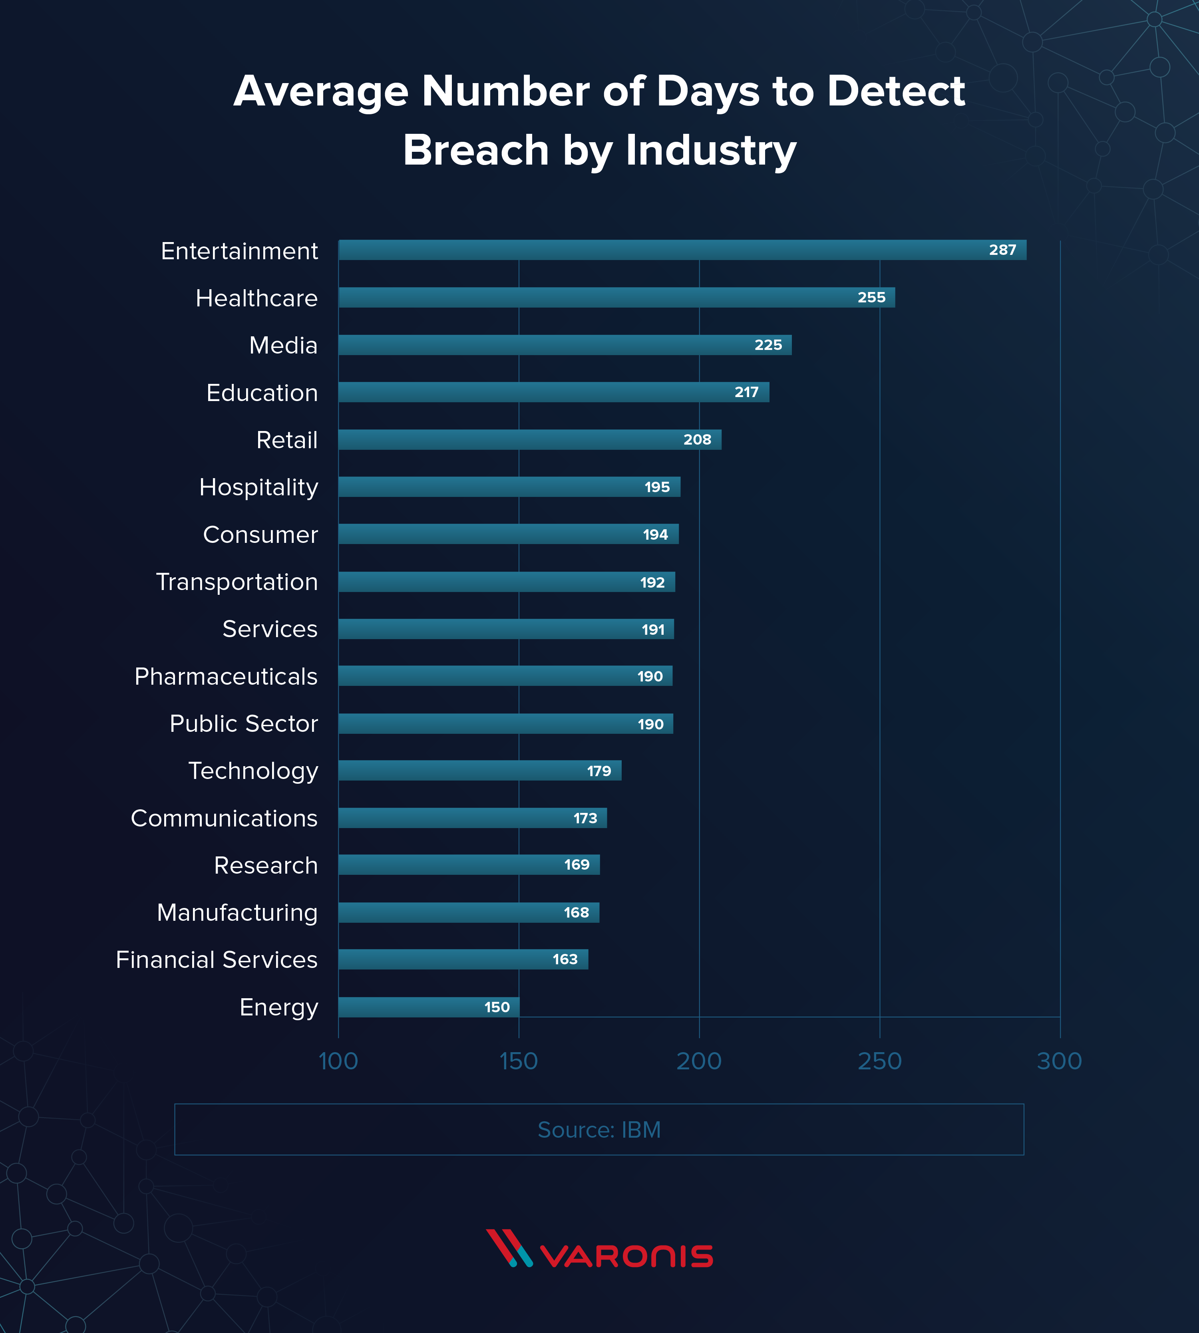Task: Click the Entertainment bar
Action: tap(682, 250)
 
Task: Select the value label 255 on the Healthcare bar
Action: tap(871, 298)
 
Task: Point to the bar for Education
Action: tap(553, 393)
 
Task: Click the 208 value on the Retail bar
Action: tap(697, 440)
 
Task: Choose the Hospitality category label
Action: tap(258, 487)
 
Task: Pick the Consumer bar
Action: tap(508, 534)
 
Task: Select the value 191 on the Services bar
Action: tap(653, 630)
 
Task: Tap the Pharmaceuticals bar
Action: tap(505, 676)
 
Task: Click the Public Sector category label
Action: tap(244, 724)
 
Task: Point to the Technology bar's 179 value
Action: tap(599, 771)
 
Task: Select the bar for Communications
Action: tap(472, 818)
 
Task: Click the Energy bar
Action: tap(429, 1007)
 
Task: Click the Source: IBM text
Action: tap(599, 1130)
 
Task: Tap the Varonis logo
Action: tap(599, 1248)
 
